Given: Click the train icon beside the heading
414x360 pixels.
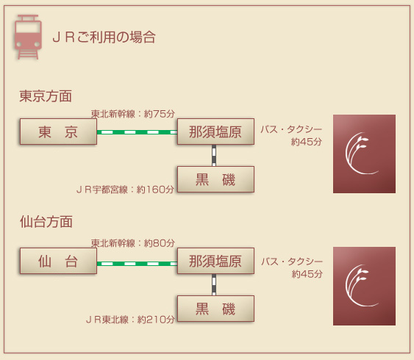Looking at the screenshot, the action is click(28, 37).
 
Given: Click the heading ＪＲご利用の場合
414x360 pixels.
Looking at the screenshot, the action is click(104, 37).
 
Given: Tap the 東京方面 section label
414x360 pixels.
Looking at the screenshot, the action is click(46, 96).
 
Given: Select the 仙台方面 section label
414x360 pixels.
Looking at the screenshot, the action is click(46, 222).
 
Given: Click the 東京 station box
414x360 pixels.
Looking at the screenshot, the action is click(58, 132).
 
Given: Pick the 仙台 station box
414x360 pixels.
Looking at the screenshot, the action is click(58, 261).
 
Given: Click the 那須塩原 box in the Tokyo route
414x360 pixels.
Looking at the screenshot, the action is click(215, 132).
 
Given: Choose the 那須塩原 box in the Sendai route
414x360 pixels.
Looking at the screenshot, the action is click(215, 261).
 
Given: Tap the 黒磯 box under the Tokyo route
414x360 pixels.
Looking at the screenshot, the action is click(215, 179).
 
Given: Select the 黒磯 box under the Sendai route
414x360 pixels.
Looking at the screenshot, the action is click(215, 309).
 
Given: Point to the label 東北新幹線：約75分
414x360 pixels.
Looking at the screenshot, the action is click(133, 114).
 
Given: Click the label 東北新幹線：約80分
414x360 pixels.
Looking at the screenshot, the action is click(133, 243).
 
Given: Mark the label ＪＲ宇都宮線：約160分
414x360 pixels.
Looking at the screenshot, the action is click(125, 190).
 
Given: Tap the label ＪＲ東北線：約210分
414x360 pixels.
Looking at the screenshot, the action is click(130, 320).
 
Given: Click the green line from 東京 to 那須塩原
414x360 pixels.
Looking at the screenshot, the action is click(137, 132).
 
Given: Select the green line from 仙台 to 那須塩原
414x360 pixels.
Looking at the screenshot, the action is click(137, 264).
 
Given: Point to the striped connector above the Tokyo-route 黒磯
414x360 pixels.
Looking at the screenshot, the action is click(214, 155).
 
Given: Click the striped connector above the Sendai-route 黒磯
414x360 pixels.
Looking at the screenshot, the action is click(214, 284).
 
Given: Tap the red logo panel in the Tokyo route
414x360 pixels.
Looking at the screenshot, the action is click(364, 154).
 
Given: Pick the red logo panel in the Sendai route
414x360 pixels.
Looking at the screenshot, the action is click(364, 286).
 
